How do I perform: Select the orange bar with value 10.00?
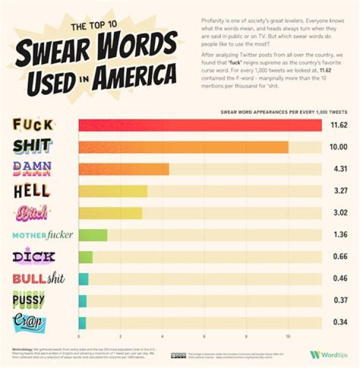183,147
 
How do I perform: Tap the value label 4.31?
340,169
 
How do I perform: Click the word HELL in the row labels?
31,191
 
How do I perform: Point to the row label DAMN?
31,169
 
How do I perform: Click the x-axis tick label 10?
287,337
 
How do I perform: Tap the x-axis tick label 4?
162,337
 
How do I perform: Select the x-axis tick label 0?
79,337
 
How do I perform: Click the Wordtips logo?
329,355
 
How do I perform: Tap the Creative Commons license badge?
178,355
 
